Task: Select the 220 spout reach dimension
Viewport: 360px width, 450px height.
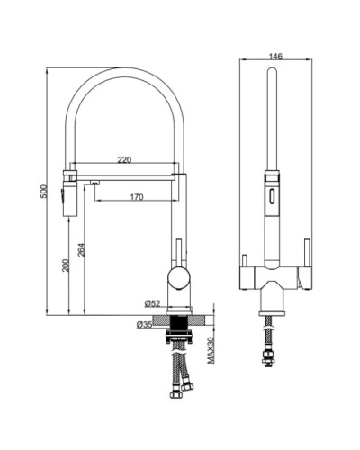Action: click(125, 160)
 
